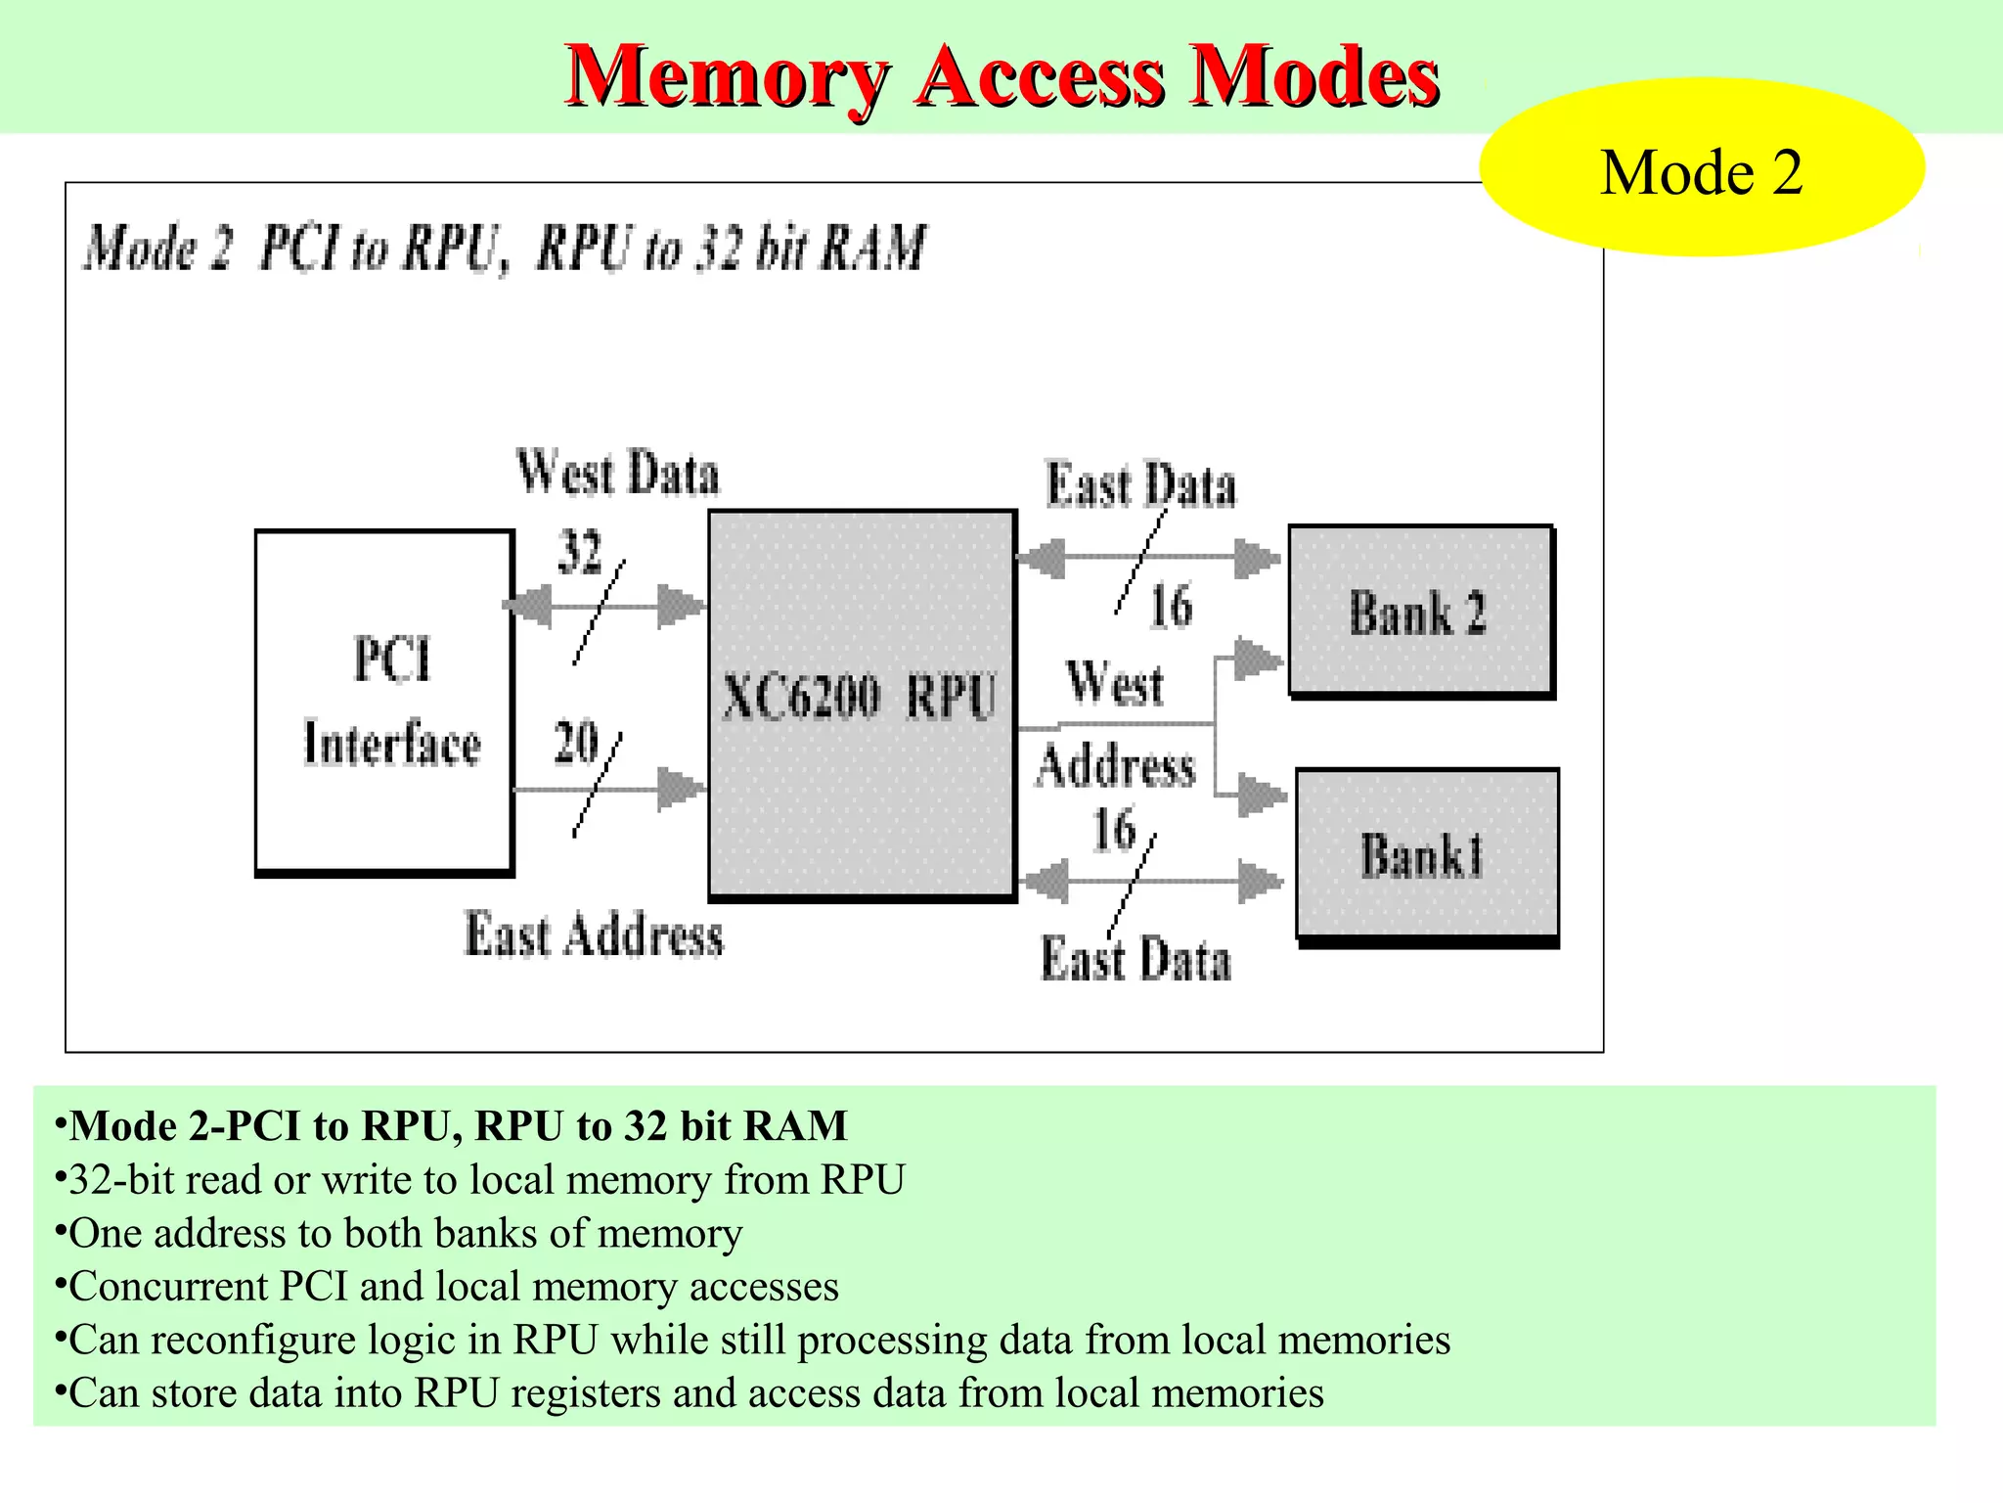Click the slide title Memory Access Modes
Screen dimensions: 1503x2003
click(x=1001, y=76)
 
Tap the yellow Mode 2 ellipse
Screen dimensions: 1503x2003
click(x=1701, y=168)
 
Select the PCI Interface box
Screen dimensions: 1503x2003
click(x=384, y=701)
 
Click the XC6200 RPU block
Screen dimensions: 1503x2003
click(x=861, y=701)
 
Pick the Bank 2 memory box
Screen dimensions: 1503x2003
click(x=1420, y=612)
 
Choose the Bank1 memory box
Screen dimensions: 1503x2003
click(x=1426, y=854)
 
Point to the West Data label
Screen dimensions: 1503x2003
click(x=617, y=473)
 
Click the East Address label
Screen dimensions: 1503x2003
click(x=594, y=934)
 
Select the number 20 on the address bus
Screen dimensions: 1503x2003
click(x=575, y=742)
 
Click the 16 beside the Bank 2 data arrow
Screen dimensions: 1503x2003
click(x=1171, y=606)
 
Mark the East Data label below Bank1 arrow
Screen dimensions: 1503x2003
click(x=1135, y=959)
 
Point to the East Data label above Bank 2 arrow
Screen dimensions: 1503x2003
click(x=1140, y=485)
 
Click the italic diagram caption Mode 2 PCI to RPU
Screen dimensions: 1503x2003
click(x=504, y=248)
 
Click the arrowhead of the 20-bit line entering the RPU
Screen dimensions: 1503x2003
click(x=681, y=789)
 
